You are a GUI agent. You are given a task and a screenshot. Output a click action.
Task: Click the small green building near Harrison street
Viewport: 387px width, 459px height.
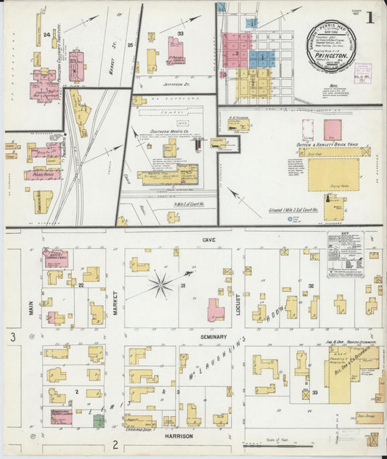98,420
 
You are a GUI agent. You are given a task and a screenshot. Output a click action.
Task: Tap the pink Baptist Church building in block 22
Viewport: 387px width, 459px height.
55,258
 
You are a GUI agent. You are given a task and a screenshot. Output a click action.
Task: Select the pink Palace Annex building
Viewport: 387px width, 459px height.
42,174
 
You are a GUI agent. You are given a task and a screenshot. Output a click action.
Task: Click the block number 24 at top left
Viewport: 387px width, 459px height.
46,34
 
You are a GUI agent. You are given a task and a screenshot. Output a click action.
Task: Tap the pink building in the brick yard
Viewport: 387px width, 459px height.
333,130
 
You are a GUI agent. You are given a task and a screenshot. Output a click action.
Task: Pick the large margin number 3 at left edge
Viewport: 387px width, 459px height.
12,337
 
